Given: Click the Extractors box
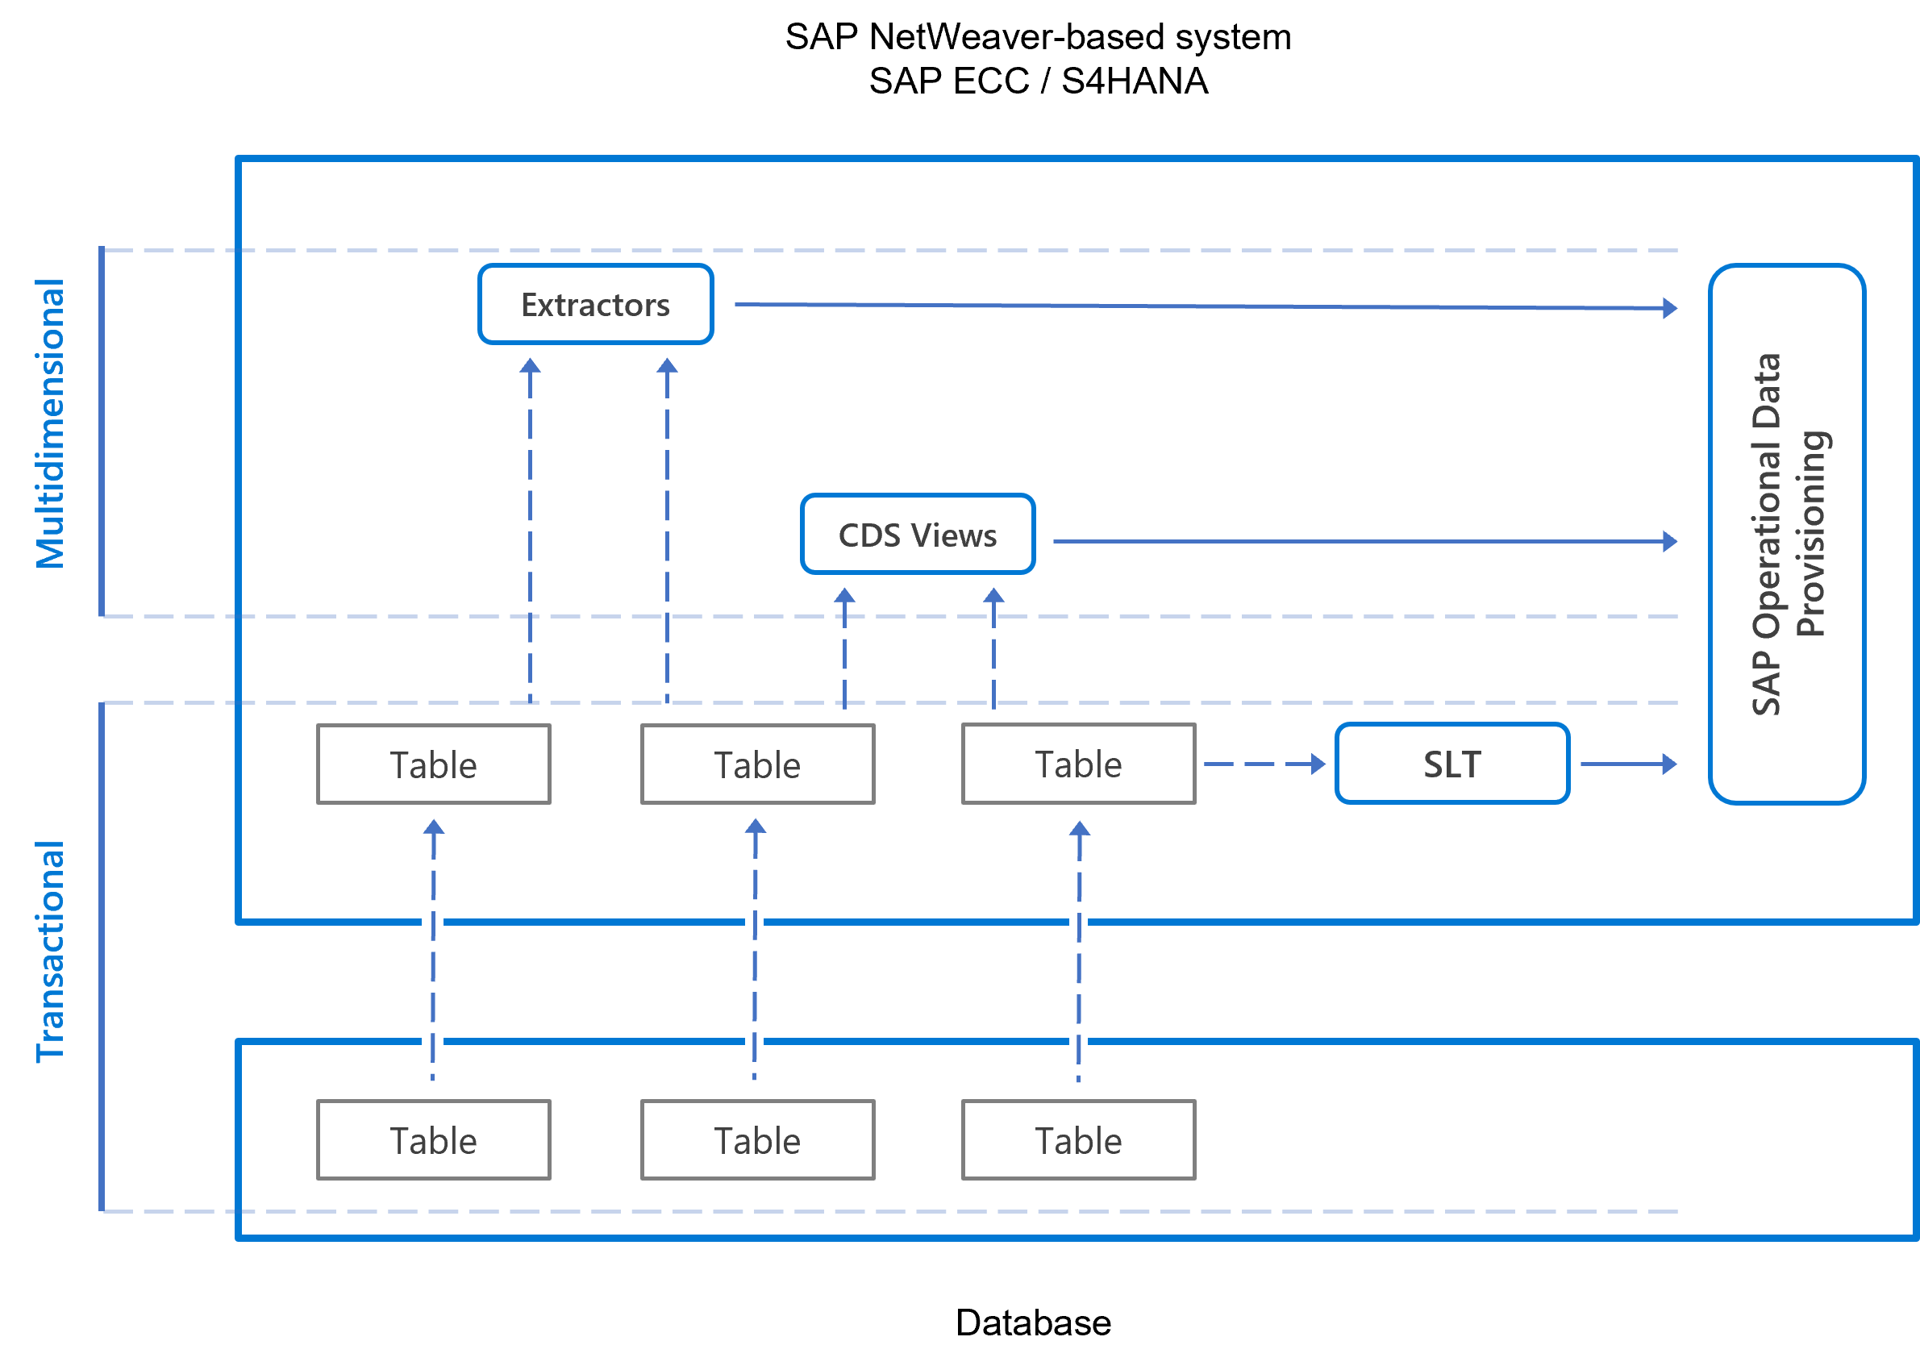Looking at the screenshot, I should tap(595, 305).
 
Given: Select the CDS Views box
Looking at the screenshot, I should tap(918, 535).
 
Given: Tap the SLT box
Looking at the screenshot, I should tap(1452, 764).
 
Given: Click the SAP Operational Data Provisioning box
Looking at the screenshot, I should tap(1787, 535).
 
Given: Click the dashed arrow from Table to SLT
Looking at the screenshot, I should tap(1257, 764).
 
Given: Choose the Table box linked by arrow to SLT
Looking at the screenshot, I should tap(1078, 764).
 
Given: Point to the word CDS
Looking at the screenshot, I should tap(869, 535).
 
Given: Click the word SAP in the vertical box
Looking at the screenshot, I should tap(1766, 685).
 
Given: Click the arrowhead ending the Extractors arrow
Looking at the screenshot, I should tap(1670, 308).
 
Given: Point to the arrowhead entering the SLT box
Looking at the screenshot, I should tap(1318, 764).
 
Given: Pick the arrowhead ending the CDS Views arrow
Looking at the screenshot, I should tap(1670, 542).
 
